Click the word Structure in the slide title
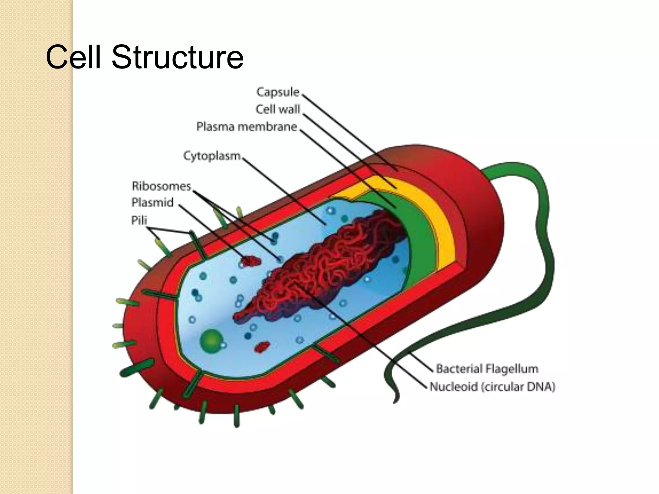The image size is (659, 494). [x=177, y=57]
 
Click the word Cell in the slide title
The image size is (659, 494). [x=74, y=57]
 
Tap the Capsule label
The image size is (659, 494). [x=278, y=92]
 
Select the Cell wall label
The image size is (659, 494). [x=278, y=109]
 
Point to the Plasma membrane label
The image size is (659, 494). [x=246, y=127]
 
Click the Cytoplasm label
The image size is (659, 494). [x=212, y=156]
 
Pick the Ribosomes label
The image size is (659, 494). [x=161, y=186]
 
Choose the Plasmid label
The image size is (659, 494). [x=153, y=203]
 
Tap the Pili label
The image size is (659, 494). [x=139, y=220]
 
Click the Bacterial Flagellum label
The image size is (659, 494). [x=487, y=369]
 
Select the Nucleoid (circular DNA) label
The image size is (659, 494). [x=492, y=387]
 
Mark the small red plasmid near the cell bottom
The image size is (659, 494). [x=262, y=347]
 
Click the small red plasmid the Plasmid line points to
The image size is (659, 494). [x=251, y=261]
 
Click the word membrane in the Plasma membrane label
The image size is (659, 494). [x=267, y=127]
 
